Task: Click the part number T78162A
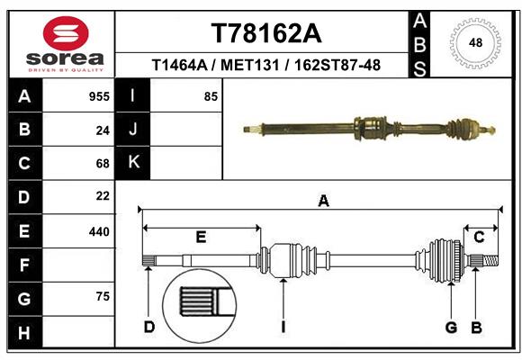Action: [265, 33]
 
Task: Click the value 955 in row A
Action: [99, 96]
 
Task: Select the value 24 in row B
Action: [103, 130]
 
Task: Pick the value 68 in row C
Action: [103, 164]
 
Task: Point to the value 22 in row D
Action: [103, 195]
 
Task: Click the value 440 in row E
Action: [99, 231]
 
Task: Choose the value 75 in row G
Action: [103, 296]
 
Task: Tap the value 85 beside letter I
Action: [211, 96]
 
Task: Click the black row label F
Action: [23, 265]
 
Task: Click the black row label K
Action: [133, 163]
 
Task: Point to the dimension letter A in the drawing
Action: [323, 202]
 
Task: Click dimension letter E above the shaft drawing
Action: [201, 237]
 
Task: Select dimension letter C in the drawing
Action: [480, 237]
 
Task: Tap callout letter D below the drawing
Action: [148, 327]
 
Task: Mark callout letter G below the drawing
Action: [452, 327]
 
